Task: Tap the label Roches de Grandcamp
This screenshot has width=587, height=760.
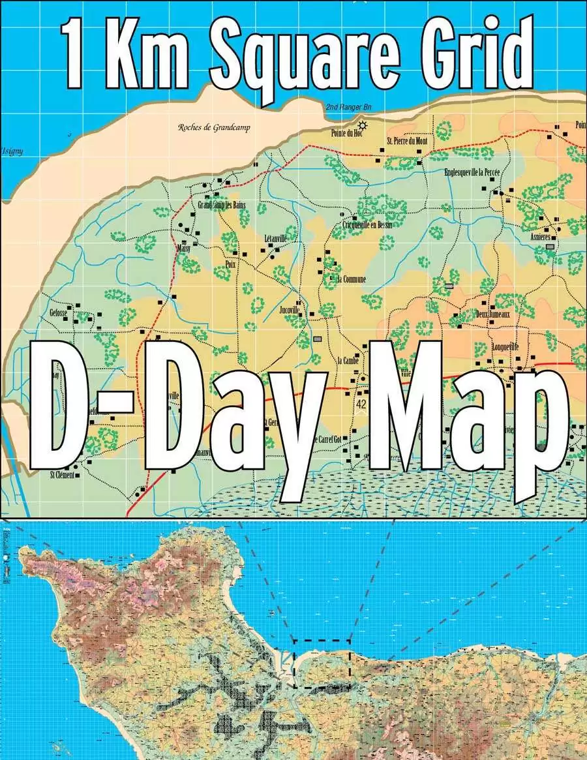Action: tap(214, 127)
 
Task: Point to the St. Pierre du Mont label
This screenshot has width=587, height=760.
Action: tap(407, 140)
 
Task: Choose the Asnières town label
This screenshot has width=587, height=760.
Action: tap(541, 237)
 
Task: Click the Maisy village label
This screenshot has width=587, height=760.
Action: tap(183, 249)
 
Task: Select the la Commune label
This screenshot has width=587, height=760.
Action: tap(352, 279)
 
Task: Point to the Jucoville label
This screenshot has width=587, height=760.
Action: tap(288, 309)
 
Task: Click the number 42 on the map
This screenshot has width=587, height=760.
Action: tap(361, 404)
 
